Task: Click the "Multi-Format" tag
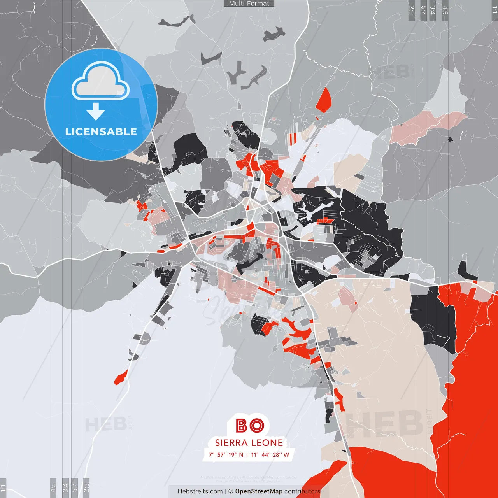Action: [249, 4]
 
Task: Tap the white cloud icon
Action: [100, 82]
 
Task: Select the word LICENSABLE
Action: [101, 132]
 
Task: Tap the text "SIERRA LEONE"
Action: [249, 443]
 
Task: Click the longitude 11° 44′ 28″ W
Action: [270, 454]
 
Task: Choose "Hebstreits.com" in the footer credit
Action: [200, 491]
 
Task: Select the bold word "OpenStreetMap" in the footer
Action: [259, 491]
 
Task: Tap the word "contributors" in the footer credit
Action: [302, 491]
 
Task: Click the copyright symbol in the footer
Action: [231, 491]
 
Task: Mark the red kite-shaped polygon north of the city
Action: [323, 100]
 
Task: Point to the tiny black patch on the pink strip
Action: [451, 139]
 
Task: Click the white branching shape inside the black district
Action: [315, 210]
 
